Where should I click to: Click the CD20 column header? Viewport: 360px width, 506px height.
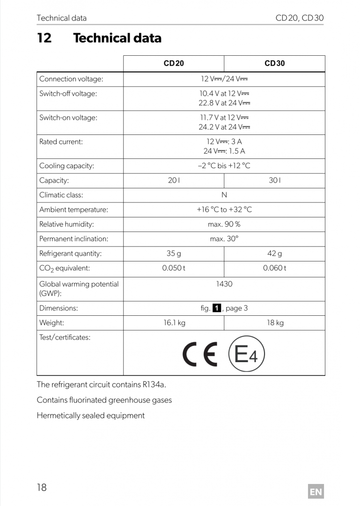(174, 63)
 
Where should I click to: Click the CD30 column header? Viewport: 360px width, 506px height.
(274, 63)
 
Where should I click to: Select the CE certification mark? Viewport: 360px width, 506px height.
(200, 355)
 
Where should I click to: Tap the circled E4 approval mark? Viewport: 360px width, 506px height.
(246, 355)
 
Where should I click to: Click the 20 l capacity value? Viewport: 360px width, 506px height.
(174, 180)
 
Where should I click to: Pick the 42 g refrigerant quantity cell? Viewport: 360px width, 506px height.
(274, 253)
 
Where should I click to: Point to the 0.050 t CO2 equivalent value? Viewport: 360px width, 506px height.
(174, 268)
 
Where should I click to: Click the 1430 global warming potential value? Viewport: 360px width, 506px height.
(224, 284)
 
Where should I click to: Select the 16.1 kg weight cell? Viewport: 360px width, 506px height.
(174, 323)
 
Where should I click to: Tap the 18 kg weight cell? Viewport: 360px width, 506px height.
(275, 323)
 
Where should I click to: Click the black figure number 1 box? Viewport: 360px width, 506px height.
(217, 308)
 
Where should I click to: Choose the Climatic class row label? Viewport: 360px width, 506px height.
(61, 195)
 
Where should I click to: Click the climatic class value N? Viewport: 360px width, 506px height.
(224, 195)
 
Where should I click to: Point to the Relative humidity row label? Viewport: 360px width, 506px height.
(66, 224)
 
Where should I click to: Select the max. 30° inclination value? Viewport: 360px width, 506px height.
(224, 239)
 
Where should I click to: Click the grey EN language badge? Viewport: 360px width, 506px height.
(316, 491)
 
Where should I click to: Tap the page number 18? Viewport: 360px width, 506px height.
(42, 487)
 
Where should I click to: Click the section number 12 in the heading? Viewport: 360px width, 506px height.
(44, 38)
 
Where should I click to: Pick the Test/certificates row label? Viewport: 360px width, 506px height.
(65, 337)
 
